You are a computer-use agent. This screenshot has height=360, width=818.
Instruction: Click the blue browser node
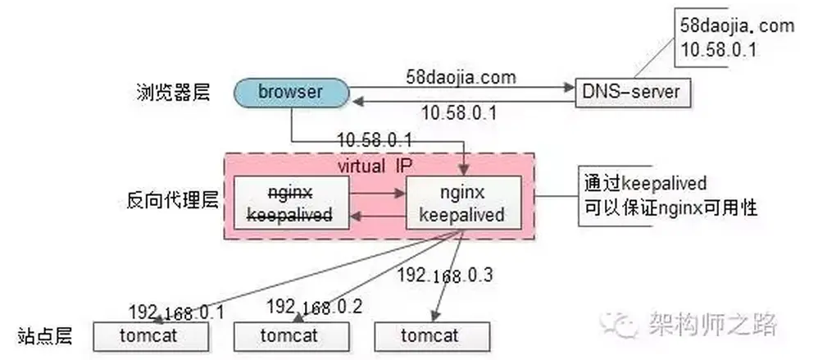point(290,91)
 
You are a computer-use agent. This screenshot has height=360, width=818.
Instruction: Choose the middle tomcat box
point(290,335)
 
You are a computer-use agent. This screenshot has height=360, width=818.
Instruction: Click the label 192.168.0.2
point(315,306)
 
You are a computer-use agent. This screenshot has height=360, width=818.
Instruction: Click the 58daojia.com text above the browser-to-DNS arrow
point(461,78)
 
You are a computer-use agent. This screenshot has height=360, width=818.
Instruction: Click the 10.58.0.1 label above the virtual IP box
point(374,139)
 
